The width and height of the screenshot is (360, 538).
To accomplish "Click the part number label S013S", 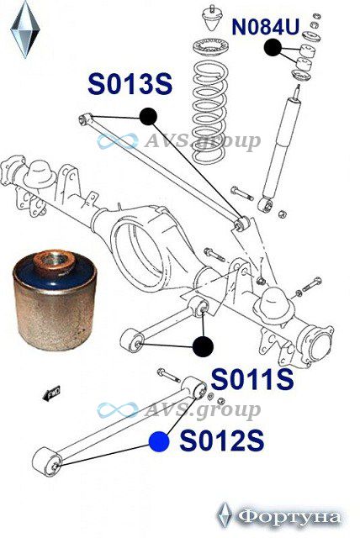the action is pos(130,84).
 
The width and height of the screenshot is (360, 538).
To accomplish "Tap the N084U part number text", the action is pos(266,27).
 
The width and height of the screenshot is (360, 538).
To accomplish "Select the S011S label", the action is pos(252,379).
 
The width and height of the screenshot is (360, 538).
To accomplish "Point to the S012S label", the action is pos(222,440).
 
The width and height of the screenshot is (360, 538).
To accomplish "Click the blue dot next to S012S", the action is pos(159,441).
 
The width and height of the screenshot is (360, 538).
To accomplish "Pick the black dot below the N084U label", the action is pos(273,47).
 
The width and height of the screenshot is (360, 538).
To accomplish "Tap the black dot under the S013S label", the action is pos(148,116).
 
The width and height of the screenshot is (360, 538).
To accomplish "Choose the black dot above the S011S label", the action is pos(204,346).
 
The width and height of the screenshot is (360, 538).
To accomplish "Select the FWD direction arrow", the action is pos(51,393).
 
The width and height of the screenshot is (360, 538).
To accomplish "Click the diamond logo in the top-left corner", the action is pos(25,29).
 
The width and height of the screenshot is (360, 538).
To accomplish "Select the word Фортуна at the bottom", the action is pos(289,517).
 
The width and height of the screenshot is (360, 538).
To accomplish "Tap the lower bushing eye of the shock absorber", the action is pos(266,205).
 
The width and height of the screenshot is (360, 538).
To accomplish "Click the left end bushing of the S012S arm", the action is pos(47,462).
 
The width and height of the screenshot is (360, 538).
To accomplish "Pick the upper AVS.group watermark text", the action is pos(202,140).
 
